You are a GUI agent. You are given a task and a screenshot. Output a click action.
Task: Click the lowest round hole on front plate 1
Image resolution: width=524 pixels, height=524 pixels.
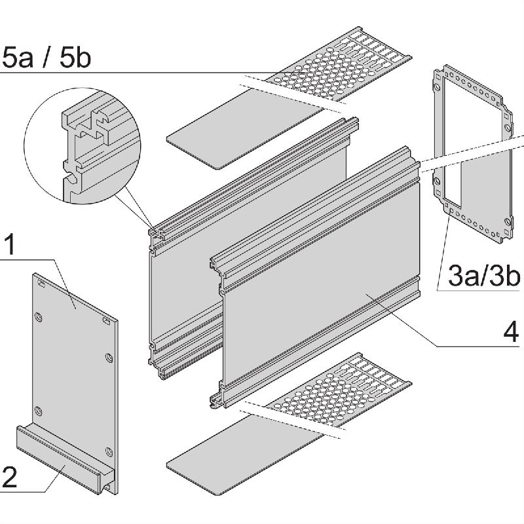tap(108, 450)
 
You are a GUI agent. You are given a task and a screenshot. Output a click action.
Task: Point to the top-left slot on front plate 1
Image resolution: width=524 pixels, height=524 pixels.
tap(41, 284)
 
